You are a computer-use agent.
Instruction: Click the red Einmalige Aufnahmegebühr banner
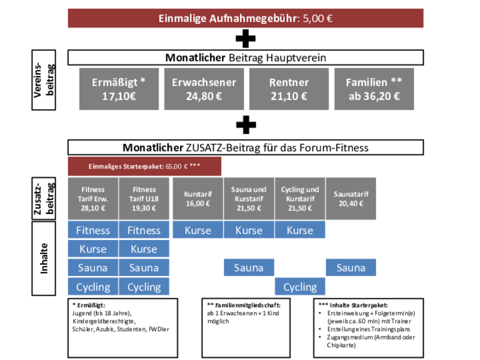coord(245,18)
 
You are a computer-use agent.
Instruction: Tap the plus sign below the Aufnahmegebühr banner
coord(245,39)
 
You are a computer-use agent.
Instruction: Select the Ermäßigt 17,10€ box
coord(119,89)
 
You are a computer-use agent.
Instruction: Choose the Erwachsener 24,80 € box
coord(204,89)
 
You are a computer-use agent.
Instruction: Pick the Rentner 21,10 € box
coord(289,89)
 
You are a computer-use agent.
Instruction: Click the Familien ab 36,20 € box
coord(374,89)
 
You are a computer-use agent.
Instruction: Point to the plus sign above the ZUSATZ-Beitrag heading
coord(245,125)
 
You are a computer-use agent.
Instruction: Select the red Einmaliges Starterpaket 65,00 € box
coord(145,166)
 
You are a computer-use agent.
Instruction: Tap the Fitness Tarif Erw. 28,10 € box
coord(93,199)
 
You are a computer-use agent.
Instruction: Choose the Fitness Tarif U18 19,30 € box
coord(144,199)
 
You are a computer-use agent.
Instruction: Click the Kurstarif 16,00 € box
coord(198,199)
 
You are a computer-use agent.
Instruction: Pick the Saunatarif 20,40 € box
coord(351,199)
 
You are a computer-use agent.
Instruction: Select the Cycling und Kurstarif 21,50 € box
coord(300,199)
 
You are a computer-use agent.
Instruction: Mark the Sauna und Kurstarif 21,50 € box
coord(248,199)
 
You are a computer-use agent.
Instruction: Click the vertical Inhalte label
coord(44,257)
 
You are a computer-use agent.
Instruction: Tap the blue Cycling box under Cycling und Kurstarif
coord(300,287)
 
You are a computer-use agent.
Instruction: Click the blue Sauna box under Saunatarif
coord(351,268)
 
